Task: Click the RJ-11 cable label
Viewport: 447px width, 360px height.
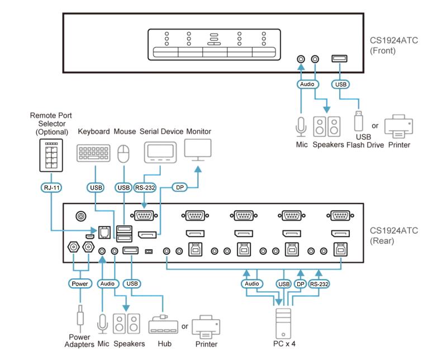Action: point(51,187)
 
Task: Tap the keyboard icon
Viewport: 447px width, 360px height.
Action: point(93,153)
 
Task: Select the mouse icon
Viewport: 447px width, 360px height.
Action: point(123,154)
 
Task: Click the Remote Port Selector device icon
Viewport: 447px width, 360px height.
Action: point(51,155)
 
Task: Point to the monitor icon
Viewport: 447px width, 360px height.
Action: point(198,150)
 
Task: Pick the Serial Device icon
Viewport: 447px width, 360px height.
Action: point(160,153)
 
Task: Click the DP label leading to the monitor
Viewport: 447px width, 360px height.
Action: point(179,187)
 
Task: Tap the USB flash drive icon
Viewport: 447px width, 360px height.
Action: point(359,121)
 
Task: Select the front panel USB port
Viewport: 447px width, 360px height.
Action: point(339,59)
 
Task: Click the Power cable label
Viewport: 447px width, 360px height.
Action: point(80,283)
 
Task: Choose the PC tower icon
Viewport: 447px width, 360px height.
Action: point(283,324)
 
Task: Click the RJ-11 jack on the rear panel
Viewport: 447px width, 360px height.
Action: point(104,233)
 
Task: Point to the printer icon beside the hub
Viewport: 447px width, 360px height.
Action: point(206,326)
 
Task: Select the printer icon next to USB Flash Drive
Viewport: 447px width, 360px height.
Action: point(398,126)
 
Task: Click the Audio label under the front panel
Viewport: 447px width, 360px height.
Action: point(307,84)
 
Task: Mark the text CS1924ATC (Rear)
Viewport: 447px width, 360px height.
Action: point(394,236)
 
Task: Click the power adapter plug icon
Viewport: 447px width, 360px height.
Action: point(80,315)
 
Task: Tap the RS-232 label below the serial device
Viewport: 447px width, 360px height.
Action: point(145,187)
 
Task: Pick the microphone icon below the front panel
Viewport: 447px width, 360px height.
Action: point(301,127)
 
